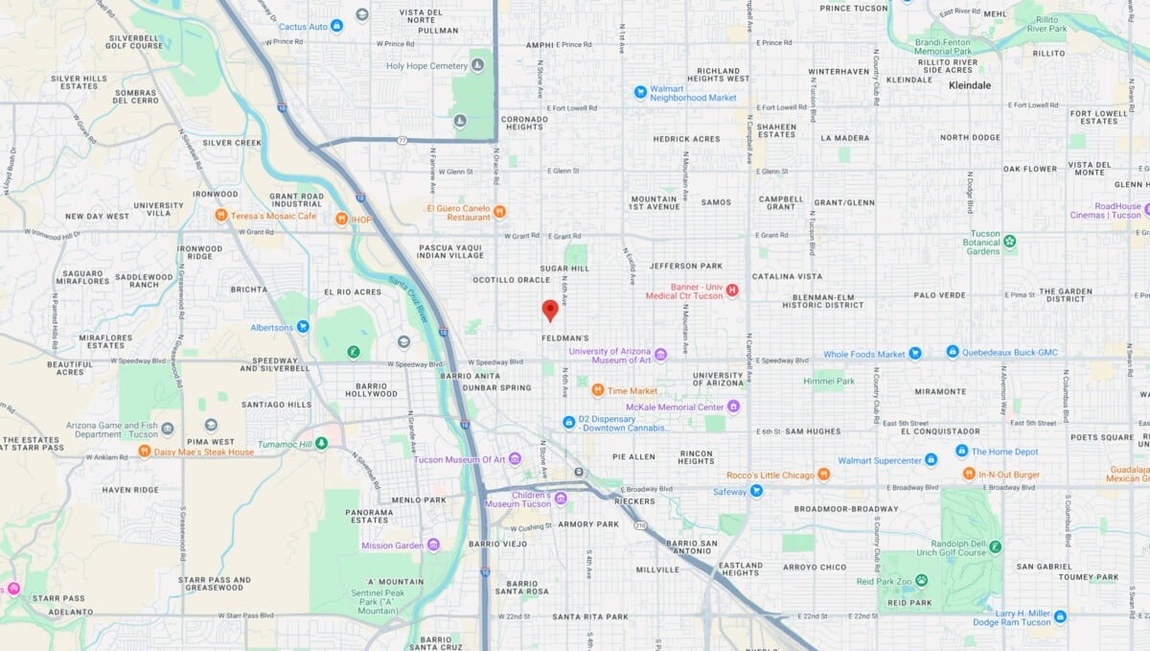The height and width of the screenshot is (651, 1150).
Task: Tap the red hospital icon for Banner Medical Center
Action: [x=733, y=290]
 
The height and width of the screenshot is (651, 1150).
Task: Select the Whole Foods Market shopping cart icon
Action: [x=914, y=354]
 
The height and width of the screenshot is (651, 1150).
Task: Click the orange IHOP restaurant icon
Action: [x=341, y=219]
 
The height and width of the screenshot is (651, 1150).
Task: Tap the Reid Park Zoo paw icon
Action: [x=921, y=580]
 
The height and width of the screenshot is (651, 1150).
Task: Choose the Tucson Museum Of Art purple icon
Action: [x=515, y=459]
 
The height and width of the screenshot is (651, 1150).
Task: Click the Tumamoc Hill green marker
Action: [x=322, y=443]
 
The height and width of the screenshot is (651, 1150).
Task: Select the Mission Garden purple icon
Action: [x=433, y=546]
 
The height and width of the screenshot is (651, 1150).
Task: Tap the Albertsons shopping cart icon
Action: [x=303, y=327]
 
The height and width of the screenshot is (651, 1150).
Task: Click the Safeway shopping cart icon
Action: [x=756, y=492]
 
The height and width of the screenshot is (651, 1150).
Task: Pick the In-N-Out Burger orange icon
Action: [x=969, y=475]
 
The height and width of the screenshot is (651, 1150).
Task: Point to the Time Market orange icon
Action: [x=598, y=390]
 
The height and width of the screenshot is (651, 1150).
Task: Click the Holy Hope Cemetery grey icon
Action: [x=477, y=65]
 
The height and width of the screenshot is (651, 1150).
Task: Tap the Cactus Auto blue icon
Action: [x=336, y=26]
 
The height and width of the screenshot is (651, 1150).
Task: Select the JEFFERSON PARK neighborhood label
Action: [x=685, y=266]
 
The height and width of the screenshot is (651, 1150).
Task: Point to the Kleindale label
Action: [x=969, y=85]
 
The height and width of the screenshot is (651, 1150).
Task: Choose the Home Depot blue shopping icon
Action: [x=961, y=452]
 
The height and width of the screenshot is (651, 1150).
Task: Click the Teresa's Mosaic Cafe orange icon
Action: [x=221, y=216]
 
